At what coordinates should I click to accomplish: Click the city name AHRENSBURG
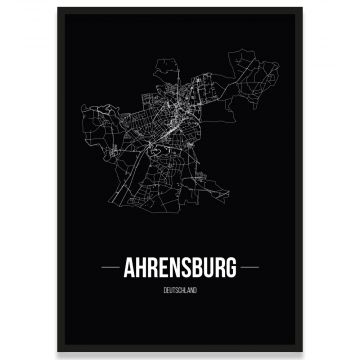(x=181, y=270)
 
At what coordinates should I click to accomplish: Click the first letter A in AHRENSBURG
(x=130, y=270)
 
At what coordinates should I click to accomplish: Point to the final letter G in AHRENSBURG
(x=231, y=270)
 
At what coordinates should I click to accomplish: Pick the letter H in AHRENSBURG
(x=143, y=270)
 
